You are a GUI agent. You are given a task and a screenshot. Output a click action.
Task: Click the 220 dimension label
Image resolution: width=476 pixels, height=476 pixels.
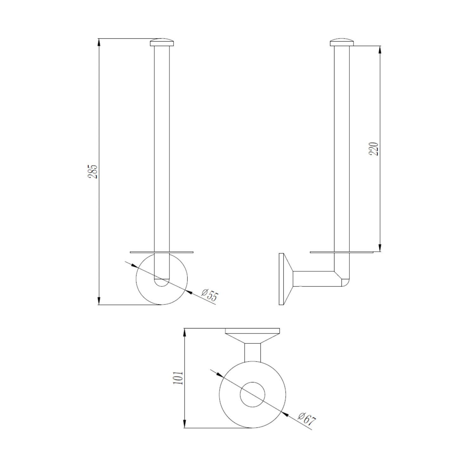coord(375,149)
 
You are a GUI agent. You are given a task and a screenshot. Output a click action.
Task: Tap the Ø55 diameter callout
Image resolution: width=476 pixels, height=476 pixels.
coord(210,295)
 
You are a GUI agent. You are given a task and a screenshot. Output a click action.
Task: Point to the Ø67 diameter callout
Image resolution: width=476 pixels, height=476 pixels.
coord(307,419)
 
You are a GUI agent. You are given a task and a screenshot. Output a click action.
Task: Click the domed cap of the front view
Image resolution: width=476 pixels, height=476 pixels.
coord(162,43)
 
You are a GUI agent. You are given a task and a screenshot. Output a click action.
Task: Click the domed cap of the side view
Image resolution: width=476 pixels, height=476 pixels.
coord(342,43)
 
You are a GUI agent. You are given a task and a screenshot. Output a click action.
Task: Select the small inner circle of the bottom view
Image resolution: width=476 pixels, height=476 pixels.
coord(253,395)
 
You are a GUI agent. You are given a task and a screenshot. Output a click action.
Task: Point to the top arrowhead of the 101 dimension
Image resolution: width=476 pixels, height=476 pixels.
coord(185,332)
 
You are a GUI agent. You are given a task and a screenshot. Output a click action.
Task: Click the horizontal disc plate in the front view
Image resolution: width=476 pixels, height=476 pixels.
coord(162,253)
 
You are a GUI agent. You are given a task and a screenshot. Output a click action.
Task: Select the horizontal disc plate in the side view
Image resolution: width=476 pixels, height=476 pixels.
coord(341,253)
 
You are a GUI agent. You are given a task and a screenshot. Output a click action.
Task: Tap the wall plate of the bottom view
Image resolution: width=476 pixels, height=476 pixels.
coord(252,330)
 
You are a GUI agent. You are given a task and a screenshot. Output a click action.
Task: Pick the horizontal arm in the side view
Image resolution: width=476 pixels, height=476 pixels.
coord(313,279)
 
